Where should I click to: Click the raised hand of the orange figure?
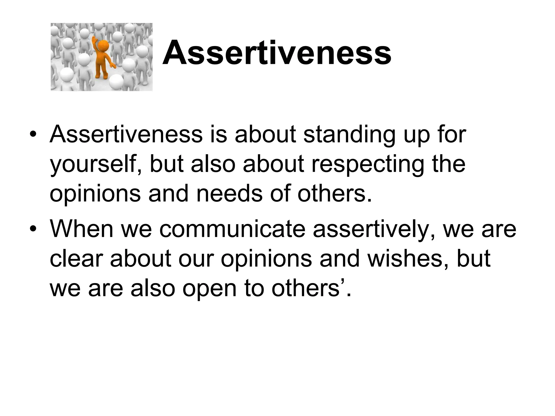(94, 40)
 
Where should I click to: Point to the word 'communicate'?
(232, 229)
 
